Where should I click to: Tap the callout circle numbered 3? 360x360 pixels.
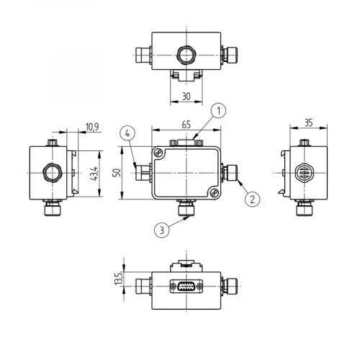(x=162, y=230)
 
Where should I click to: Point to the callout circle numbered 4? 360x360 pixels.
(x=127, y=133)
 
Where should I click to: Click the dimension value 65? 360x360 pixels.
(x=186, y=125)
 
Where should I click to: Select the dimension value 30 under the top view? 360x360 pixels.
(x=186, y=95)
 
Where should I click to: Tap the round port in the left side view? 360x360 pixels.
(x=52, y=173)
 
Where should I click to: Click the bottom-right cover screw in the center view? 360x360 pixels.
(x=215, y=194)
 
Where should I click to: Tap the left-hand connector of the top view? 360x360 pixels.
(x=143, y=53)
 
